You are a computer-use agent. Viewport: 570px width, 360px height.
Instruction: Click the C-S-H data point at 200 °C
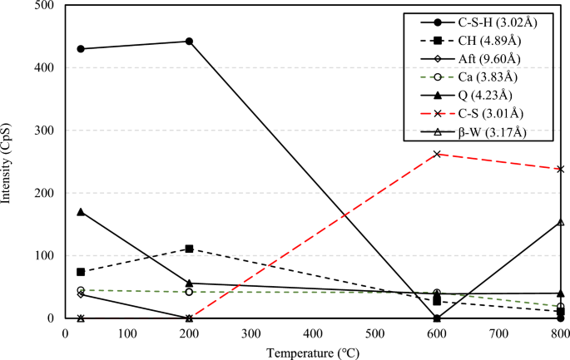point(189,41)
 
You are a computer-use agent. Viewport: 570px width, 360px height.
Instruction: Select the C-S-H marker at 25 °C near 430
point(81,48)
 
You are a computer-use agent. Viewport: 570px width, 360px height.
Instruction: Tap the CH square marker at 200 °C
point(189,249)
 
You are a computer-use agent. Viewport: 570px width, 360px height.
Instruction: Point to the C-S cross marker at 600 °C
point(437,154)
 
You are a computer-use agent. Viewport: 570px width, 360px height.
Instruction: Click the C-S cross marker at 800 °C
point(560,169)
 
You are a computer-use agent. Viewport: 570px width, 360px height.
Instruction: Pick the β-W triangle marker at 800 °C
point(560,222)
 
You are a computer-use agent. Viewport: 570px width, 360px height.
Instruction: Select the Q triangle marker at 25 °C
point(81,212)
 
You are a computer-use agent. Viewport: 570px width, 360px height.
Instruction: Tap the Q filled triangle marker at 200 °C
point(189,284)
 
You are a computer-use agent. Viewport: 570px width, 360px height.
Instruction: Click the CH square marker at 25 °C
point(81,272)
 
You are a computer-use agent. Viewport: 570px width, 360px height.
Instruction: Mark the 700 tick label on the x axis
point(498,333)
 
